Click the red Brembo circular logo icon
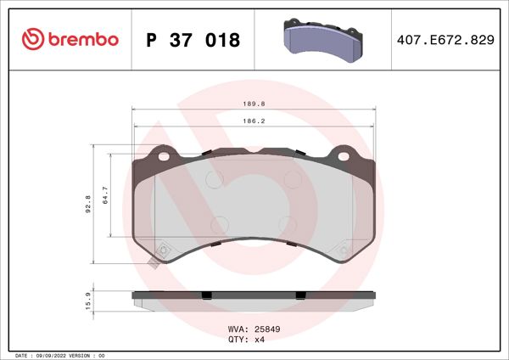point(32,40)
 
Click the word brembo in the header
point(83,40)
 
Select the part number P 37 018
point(193,41)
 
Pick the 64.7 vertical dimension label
point(105,196)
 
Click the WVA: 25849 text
point(254,326)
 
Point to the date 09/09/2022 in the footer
point(54,354)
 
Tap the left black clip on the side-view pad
point(204,295)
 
